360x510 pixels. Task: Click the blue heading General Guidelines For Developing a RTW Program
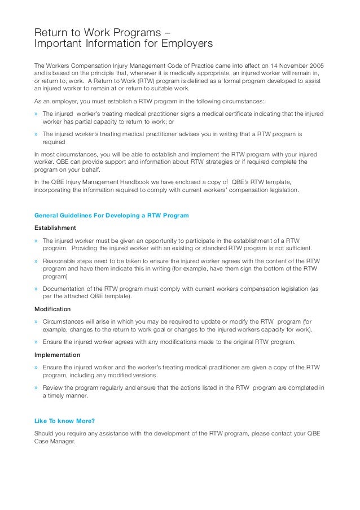tap(111, 215)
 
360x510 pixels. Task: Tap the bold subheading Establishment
tap(55, 228)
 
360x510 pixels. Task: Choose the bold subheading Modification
tap(52, 310)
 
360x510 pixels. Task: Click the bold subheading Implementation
tap(57, 355)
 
